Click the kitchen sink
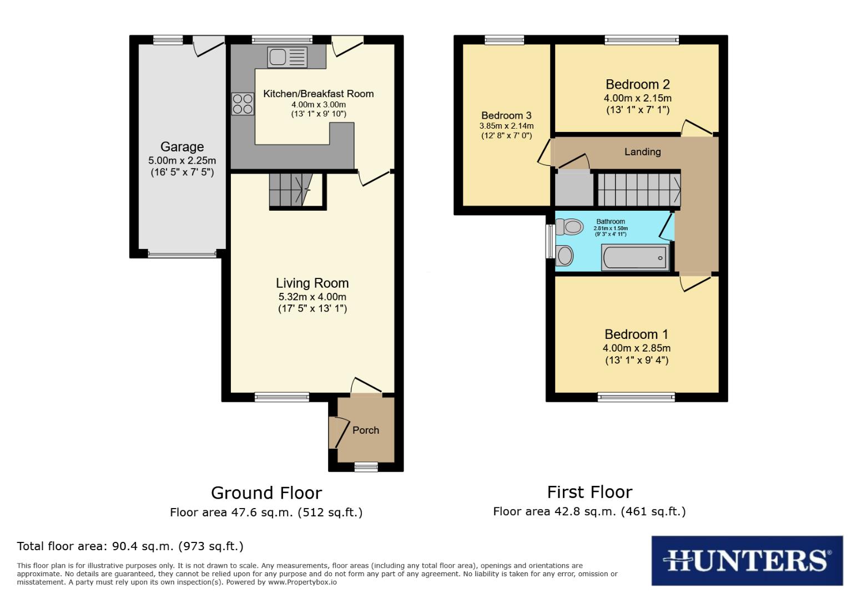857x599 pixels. click(287, 57)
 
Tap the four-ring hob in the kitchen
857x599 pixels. click(243, 104)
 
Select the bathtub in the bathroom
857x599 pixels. click(635, 258)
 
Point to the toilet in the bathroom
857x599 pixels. click(569, 227)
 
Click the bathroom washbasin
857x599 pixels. click(564, 255)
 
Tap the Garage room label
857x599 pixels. click(182, 147)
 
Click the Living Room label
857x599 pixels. click(312, 283)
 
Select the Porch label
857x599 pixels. click(366, 430)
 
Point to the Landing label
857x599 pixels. click(643, 152)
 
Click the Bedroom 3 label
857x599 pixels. click(507, 115)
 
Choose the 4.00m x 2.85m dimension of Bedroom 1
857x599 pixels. click(637, 348)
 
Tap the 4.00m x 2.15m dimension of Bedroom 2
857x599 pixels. click(638, 98)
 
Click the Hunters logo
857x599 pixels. click(747, 561)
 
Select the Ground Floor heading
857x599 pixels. click(266, 493)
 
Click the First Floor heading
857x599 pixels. click(589, 493)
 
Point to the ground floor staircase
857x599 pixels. click(291, 190)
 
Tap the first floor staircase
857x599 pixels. click(639, 190)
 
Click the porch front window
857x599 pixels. click(366, 467)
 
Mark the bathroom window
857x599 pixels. click(550, 242)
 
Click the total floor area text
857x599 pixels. click(130, 546)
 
